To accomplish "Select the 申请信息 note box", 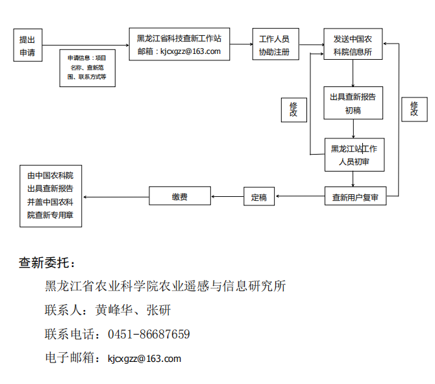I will pos(87,68).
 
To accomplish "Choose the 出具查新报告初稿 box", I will pos(353,103).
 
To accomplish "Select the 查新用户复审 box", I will pos(355,196).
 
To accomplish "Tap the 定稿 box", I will pos(259,197).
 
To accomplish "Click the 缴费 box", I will pos(180,196).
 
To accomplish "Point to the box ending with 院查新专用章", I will pos(51,196).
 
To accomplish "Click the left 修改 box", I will pos(293,109).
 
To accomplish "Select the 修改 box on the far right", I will pos(414,109).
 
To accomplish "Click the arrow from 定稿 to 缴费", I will pos(227,196).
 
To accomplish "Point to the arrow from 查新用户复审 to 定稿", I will pos(299,196).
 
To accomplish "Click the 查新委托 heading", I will pos(47,262).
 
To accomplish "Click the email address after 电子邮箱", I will pos(144,358).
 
